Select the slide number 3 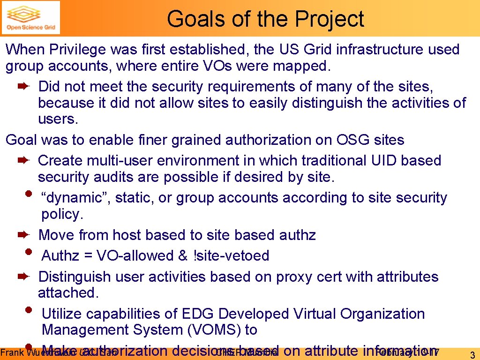pyautogui.click(x=472, y=354)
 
